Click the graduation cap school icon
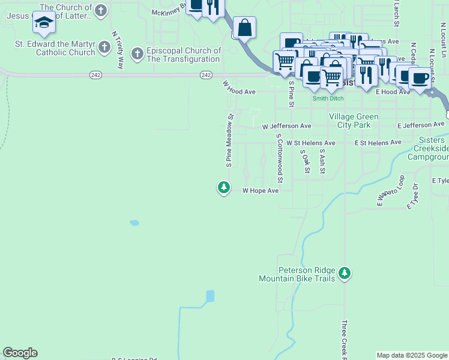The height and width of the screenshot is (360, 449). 44,22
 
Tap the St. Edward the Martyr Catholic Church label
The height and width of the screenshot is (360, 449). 55,48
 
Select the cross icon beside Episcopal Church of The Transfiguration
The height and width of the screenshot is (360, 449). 137,55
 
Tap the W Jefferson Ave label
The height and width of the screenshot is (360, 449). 287,127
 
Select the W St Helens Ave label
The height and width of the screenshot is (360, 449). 310,143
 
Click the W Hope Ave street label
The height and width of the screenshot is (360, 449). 261,191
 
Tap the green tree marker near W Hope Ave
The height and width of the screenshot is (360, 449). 224,188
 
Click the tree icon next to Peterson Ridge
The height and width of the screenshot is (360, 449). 345,274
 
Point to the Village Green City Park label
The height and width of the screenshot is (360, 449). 354,121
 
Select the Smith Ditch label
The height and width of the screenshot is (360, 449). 327,98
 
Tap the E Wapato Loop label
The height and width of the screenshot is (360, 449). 391,191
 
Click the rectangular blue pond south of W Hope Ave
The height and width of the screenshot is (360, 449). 209,296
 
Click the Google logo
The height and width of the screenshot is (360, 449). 20,353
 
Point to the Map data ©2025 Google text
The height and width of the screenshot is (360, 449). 411,355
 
